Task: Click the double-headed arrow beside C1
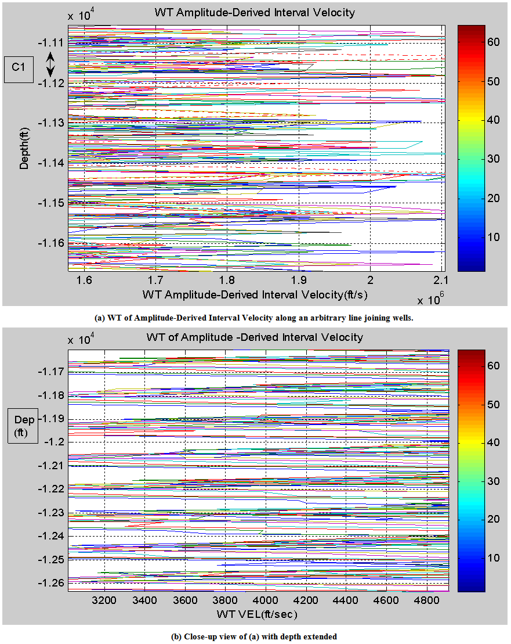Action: coord(50,64)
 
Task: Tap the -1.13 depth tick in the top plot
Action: coord(52,123)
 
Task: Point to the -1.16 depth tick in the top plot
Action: coord(52,243)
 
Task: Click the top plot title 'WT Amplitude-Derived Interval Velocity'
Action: coord(254,12)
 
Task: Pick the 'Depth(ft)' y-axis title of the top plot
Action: coord(24,148)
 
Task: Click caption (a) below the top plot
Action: coord(255,317)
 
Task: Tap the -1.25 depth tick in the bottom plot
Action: coord(52,559)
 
